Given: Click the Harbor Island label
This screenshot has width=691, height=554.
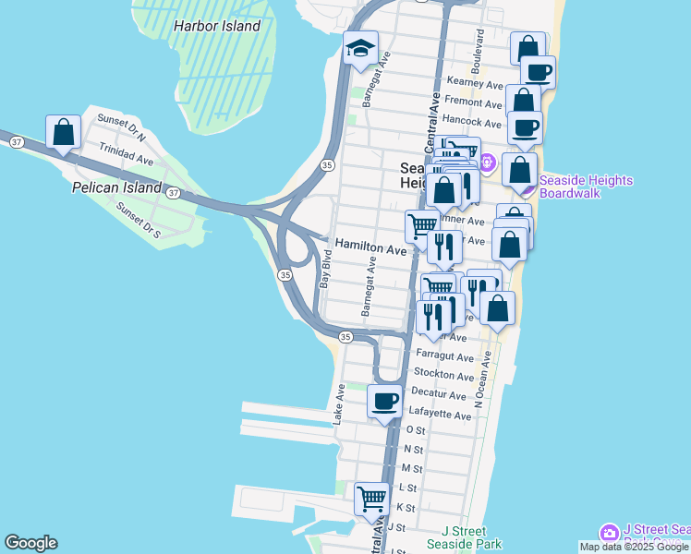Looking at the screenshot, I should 217,26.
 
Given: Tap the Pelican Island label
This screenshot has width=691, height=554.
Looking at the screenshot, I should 115,188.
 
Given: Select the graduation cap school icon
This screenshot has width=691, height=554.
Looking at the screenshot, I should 359,48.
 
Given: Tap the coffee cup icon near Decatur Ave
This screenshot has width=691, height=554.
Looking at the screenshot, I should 384,402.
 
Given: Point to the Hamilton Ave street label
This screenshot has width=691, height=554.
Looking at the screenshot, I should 370,249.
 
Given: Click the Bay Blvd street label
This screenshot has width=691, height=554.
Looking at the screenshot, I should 325,268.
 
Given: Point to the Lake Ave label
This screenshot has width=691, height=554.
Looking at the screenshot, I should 339,404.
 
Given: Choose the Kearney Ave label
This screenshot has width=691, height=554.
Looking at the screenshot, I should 474,83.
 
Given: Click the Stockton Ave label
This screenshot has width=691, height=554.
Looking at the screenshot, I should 443,374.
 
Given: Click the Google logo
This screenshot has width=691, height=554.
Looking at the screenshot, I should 30,543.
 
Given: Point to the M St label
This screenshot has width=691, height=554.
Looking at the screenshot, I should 412,469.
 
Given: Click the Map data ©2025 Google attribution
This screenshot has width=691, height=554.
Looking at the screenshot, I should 635,548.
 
